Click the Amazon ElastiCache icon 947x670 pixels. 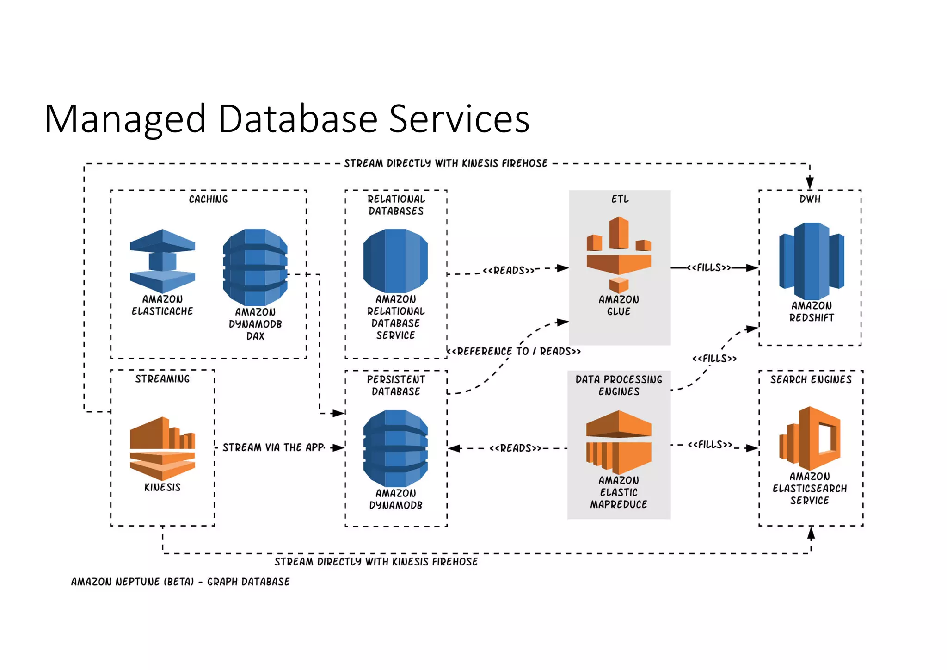pos(162,261)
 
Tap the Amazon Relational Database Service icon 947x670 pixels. pos(395,261)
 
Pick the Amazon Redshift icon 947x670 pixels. pos(812,261)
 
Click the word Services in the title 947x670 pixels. pos(459,119)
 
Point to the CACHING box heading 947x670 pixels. pos(208,199)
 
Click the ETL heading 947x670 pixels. pos(620,199)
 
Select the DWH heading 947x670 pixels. pos(810,199)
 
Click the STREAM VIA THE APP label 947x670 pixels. pos(273,447)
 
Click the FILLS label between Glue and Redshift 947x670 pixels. pos(708,267)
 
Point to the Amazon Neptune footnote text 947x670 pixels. pos(180,582)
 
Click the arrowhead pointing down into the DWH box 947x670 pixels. pos(810,183)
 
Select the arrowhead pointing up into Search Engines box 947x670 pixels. pos(811,534)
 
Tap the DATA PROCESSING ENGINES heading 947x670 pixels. pos(619,385)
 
